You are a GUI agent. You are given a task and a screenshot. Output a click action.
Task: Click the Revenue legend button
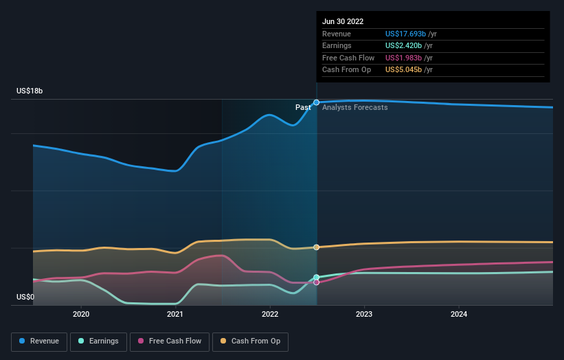[40, 341]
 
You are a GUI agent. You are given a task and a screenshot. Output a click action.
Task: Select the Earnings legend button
[98, 341]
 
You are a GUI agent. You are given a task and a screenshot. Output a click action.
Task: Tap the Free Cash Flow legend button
[169, 341]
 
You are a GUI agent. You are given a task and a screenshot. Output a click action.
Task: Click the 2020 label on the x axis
[81, 314]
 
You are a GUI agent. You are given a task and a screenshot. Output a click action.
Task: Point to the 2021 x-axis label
[175, 314]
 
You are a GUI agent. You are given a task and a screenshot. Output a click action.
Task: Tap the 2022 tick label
[270, 314]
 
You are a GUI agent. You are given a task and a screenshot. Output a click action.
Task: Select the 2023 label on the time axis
[364, 314]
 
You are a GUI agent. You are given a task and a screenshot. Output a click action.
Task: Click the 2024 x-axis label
[459, 314]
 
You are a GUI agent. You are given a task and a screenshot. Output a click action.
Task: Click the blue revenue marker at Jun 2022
[317, 102]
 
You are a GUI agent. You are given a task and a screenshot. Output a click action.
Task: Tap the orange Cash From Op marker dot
[317, 247]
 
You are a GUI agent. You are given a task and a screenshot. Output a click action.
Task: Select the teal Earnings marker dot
[317, 278]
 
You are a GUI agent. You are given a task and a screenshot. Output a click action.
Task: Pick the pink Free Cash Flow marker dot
[317, 282]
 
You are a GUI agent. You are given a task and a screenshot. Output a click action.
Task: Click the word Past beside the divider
[303, 108]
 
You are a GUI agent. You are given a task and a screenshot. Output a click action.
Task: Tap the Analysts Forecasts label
[355, 108]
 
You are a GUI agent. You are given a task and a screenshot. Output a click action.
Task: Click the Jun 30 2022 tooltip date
[343, 21]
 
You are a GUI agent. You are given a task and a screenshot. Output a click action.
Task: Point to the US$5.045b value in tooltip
[404, 69]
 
